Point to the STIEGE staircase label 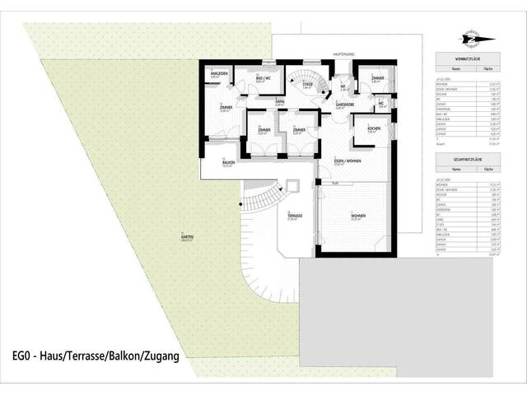click(307, 84)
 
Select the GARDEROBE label click(344, 105)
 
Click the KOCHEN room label click(372, 129)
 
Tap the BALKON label click(228, 162)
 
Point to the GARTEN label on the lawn click(188, 237)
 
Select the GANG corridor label click(280, 100)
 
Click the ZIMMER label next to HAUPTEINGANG click(375, 78)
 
